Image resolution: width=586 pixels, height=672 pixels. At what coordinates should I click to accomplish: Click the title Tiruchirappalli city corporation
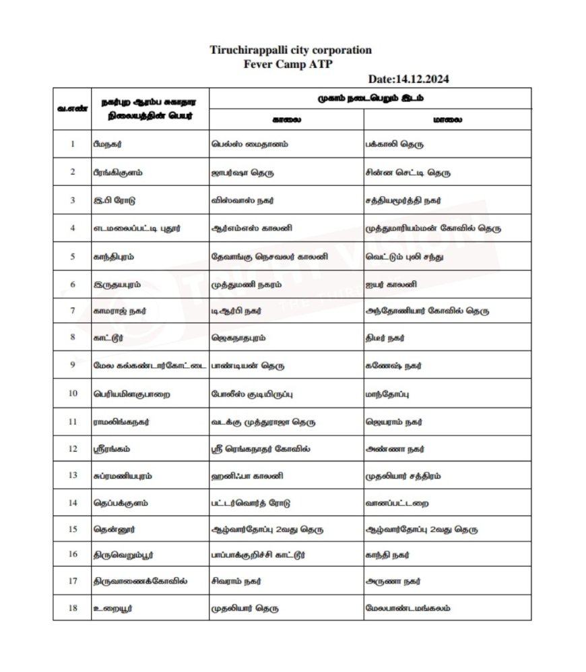[290, 51]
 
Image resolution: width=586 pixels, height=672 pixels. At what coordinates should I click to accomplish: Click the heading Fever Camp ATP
[289, 64]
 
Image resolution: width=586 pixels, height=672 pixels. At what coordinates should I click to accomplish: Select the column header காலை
[286, 119]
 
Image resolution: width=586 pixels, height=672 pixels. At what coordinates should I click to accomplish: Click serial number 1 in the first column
[71, 144]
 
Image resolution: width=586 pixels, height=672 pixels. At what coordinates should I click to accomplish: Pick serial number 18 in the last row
[71, 609]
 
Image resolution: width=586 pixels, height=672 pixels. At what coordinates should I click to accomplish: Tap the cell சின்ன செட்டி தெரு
[407, 172]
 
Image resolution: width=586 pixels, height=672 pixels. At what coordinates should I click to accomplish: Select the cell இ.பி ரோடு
[110, 200]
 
